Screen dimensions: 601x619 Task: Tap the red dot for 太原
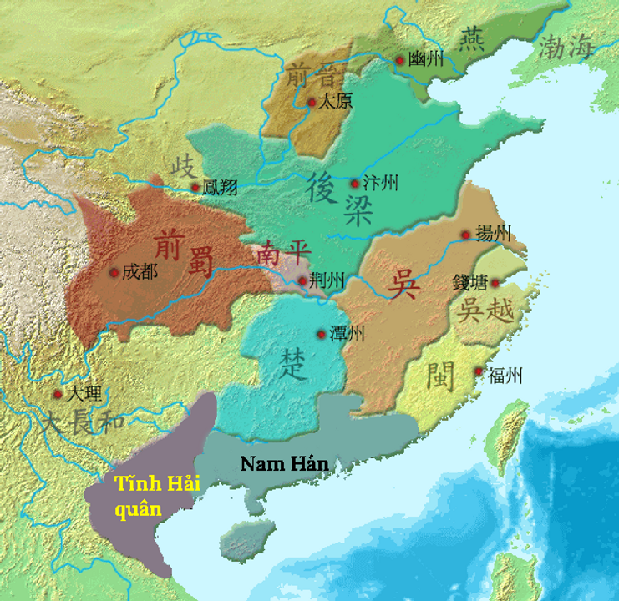click(312, 103)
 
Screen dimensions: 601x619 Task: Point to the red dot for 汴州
click(354, 184)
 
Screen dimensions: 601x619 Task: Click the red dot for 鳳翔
click(195, 188)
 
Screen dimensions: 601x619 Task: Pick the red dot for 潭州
click(321, 335)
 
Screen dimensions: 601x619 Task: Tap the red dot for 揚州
click(465, 235)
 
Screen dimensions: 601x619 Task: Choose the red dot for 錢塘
click(494, 283)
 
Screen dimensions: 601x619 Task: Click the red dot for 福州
click(479, 372)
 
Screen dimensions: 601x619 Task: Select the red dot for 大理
click(58, 394)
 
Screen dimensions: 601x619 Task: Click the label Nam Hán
click(284, 463)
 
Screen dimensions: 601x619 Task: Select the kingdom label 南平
click(277, 252)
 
